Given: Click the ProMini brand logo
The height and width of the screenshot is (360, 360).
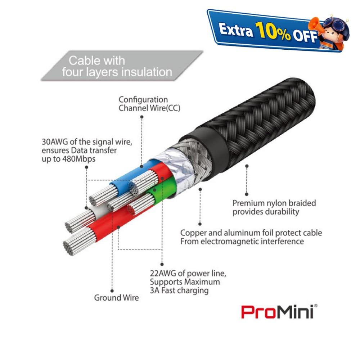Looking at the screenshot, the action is [x=279, y=311].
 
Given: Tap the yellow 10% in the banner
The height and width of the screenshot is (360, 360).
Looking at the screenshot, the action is [x=273, y=31].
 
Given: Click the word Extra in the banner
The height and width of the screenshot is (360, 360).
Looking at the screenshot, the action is [x=236, y=30].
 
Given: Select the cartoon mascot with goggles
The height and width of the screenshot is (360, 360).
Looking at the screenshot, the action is [x=330, y=32].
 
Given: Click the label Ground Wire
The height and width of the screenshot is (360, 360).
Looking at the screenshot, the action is [x=116, y=298].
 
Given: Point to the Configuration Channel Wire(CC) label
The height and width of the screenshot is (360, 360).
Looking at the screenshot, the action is [x=149, y=104].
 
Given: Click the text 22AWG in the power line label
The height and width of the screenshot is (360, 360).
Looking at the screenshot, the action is [x=163, y=273].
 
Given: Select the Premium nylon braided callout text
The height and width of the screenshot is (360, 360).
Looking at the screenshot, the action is [x=274, y=207].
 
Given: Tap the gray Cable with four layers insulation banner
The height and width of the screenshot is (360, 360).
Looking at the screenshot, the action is [x=122, y=66].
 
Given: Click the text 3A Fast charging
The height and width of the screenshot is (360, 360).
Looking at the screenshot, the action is [x=179, y=291].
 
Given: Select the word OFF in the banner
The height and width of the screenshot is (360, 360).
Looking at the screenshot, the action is [x=305, y=36].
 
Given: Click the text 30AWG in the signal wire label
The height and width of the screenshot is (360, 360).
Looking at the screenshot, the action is [x=55, y=142].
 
